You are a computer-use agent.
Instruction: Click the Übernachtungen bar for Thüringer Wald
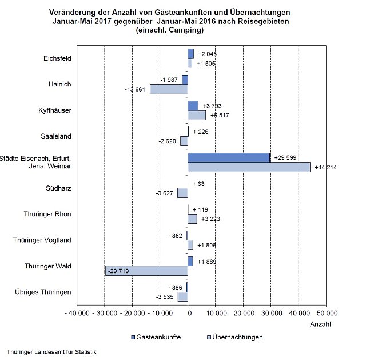click(146, 271)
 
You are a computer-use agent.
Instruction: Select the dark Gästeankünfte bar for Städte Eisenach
click(229, 157)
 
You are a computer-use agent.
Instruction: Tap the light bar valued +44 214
click(249, 167)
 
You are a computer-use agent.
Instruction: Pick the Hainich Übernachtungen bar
click(169, 89)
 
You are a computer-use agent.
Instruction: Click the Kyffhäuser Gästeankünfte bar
click(193, 105)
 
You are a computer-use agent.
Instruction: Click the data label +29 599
click(286, 157)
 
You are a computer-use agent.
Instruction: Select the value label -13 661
click(136, 89)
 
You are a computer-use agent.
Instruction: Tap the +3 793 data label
click(212, 106)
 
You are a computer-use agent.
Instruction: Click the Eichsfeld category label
click(57, 58)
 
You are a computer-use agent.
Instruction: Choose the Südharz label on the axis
click(58, 188)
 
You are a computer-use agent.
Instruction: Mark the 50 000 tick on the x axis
click(326, 314)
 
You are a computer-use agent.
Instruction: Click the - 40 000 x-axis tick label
click(76, 314)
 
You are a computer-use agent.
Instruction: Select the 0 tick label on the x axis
click(188, 314)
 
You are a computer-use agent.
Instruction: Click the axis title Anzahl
click(320, 324)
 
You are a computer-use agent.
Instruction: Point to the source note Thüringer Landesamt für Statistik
click(52, 351)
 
